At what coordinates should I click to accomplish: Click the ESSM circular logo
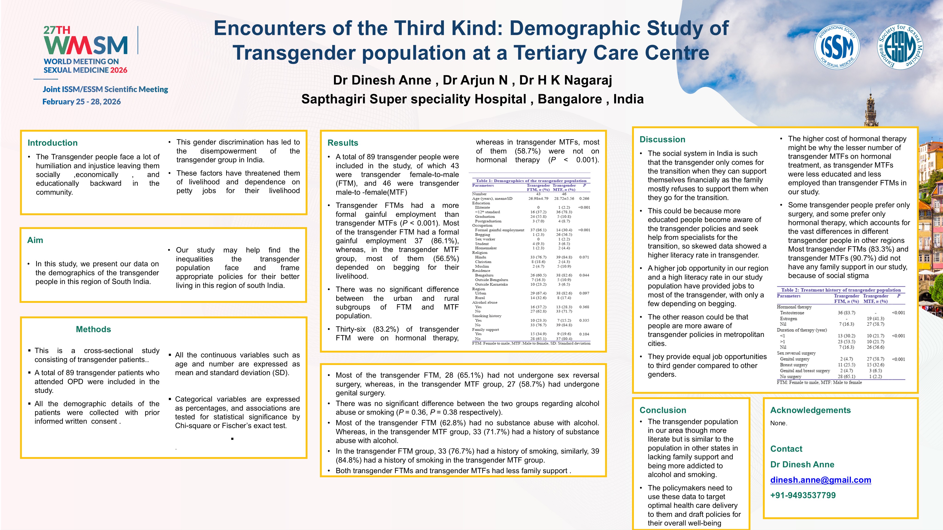click(900, 46)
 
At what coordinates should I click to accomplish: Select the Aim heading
click(35, 240)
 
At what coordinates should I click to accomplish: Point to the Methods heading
click(93, 329)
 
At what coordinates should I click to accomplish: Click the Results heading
click(343, 143)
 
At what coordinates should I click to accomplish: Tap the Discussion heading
click(662, 139)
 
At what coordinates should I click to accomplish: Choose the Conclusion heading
click(663, 410)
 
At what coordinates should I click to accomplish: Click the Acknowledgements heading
click(810, 410)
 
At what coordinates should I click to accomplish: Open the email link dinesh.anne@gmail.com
click(820, 480)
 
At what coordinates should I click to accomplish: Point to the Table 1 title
click(531, 181)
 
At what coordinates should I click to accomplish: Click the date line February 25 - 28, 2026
click(82, 102)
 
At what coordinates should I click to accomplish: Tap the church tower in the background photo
click(871, 110)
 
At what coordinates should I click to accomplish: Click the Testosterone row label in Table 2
click(792, 313)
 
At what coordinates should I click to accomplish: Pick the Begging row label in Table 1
click(482, 235)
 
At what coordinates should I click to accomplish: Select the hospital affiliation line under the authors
click(472, 99)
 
